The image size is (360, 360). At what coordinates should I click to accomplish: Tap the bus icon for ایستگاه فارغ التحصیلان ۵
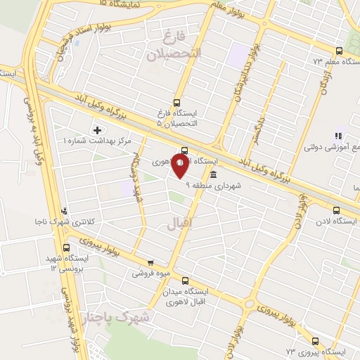(x=176, y=101)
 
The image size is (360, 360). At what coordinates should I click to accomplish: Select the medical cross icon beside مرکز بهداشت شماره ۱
(x=97, y=130)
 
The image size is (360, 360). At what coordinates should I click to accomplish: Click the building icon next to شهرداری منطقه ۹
(x=213, y=175)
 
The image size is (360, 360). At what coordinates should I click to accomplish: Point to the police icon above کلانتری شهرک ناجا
(x=65, y=211)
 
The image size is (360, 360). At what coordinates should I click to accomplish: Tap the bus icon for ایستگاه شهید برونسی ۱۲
(x=67, y=247)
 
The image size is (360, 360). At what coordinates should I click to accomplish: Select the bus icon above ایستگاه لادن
(x=336, y=210)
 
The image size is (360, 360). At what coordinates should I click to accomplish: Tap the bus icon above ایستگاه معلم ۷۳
(x=340, y=51)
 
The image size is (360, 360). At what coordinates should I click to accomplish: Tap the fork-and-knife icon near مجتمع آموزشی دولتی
(x=337, y=136)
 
